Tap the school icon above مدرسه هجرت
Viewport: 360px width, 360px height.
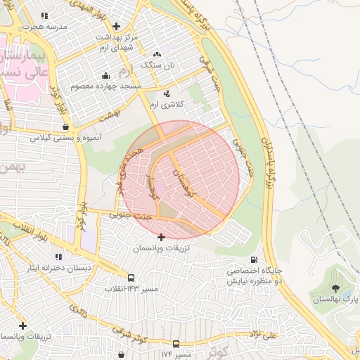44,15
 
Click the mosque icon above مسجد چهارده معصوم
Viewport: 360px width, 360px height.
105,75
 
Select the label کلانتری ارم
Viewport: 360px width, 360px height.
167,103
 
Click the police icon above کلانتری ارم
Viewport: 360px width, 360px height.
167,93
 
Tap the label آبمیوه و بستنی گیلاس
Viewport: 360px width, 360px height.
64,138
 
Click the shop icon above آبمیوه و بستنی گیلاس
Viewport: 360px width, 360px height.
65,127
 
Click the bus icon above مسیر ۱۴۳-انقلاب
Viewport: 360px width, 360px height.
131,278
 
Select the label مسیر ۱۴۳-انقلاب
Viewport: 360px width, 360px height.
131,289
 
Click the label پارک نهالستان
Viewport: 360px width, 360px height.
335,300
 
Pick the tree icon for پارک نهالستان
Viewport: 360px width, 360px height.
335,288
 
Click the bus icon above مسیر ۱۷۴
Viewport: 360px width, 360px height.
176,344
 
